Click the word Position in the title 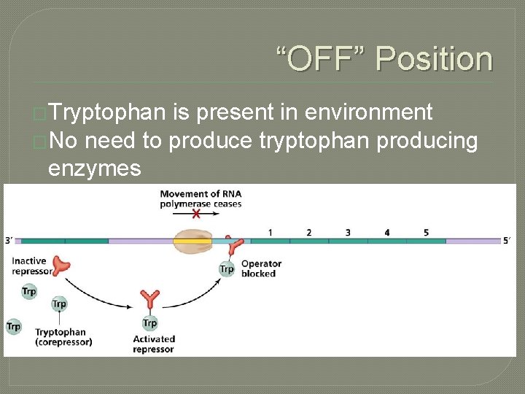tap(434, 58)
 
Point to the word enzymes tap(94, 169)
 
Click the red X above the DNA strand tap(196, 214)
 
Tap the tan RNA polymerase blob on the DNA tap(192, 242)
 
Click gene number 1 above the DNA tap(270, 232)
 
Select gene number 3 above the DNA tap(348, 232)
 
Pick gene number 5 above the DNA tap(426, 232)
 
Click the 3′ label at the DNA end tap(8, 240)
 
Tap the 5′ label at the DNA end tap(510, 240)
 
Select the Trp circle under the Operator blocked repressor tap(227, 269)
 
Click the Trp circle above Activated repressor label tap(149, 322)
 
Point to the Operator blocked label tap(260, 269)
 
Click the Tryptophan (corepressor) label tap(63, 337)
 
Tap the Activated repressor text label tap(154, 344)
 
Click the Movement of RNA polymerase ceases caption tap(200, 198)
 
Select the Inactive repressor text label tap(28, 266)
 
